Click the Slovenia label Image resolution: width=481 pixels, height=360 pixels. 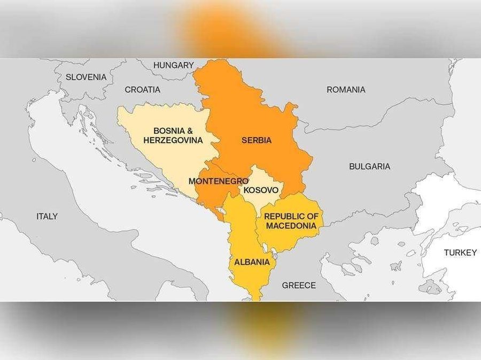click(86, 77)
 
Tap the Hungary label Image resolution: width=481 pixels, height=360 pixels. click(173, 65)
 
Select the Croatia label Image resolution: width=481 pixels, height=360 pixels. click(142, 90)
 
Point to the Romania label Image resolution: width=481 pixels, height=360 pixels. click(346, 90)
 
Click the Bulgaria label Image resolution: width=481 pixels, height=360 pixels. click(369, 166)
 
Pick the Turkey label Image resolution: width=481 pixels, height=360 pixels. click(460, 252)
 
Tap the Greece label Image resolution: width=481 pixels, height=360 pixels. click(299, 285)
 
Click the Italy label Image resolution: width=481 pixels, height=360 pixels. click(46, 217)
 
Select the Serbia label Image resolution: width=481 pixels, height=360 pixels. click(257, 141)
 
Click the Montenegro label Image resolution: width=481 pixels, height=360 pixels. click(218, 181)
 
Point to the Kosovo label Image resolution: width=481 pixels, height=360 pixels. click(261, 190)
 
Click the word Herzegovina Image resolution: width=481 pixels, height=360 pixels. click(173, 140)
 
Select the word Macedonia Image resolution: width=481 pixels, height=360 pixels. click(291, 226)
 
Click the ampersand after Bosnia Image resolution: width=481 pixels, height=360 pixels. click(188, 131)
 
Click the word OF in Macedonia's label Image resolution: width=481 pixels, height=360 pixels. click(312, 216)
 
